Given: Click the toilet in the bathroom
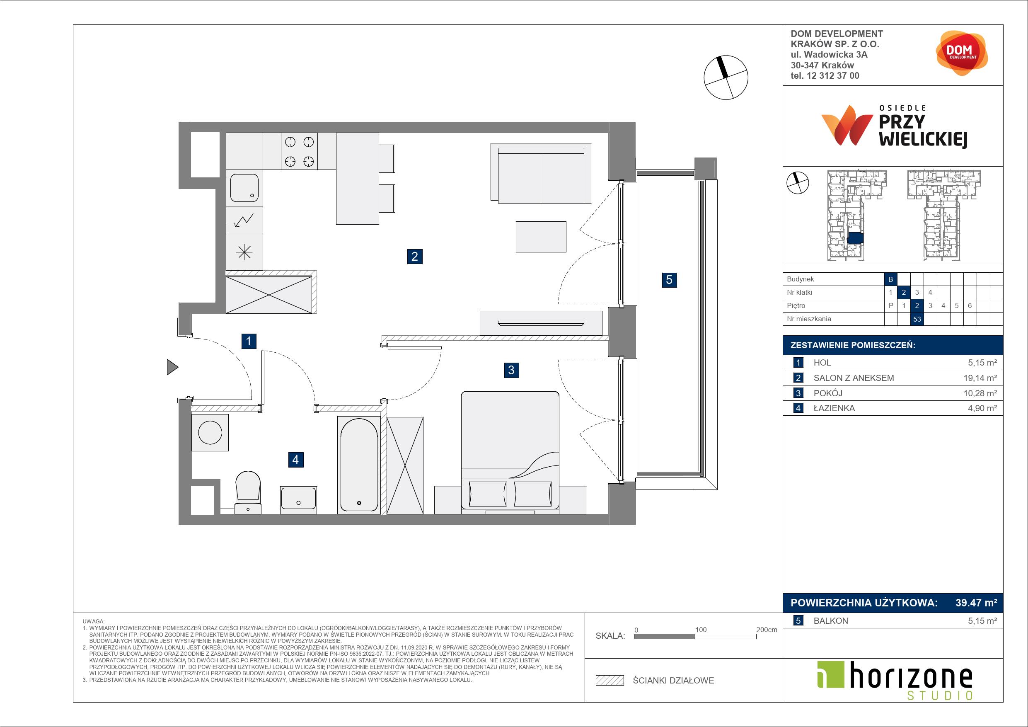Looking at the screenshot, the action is (248, 492).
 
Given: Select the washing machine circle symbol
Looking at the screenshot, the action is (210, 432).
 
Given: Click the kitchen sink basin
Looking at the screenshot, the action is (244, 188).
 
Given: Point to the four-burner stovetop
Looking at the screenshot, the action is (299, 151).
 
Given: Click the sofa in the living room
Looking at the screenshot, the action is (541, 173).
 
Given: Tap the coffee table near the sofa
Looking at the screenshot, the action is (541, 237).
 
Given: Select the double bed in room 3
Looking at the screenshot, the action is (510, 451).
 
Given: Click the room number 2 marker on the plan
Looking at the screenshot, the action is (415, 256).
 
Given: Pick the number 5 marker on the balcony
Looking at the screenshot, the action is (669, 280).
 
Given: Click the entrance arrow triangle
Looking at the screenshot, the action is (172, 367).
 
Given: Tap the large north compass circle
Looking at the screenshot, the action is (726, 78).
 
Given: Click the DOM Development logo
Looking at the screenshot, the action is (961, 53).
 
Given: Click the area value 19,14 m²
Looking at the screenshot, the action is (980, 378).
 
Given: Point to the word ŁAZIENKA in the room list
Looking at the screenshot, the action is (834, 408).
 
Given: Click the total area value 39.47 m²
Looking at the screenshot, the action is (976, 603).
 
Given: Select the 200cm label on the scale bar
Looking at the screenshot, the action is (767, 629).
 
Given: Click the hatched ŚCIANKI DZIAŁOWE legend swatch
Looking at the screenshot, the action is (610, 681).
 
